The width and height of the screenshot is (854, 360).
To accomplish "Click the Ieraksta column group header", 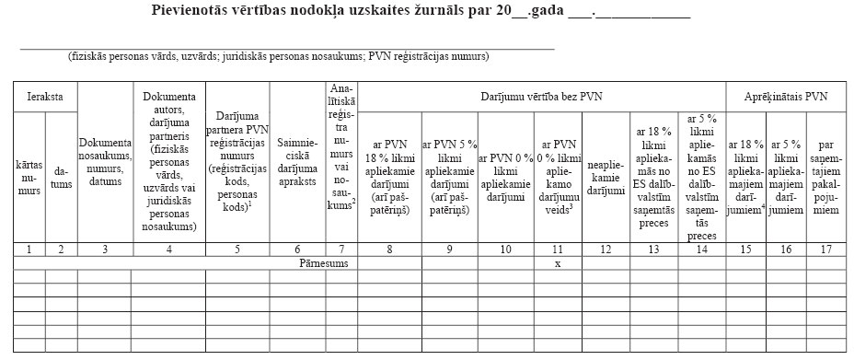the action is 45,96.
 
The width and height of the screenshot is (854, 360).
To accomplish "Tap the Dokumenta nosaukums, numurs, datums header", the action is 106,161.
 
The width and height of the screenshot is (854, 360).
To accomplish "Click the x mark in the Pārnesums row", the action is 558,262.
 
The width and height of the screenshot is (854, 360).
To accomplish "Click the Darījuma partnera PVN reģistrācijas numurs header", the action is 237,162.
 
